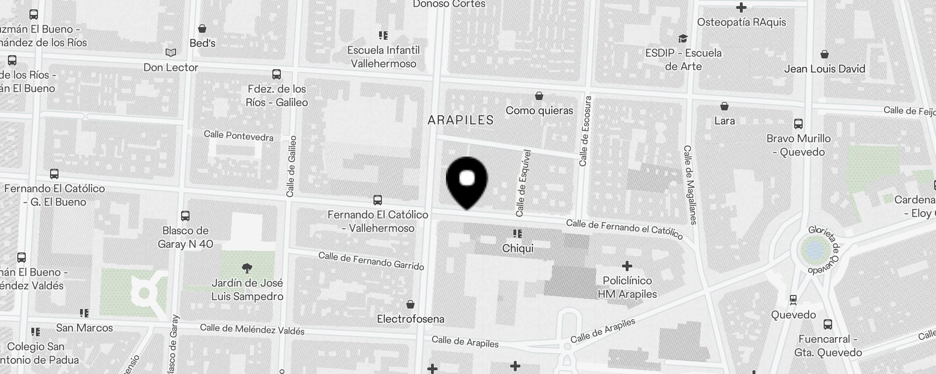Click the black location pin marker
click(x=467, y=180)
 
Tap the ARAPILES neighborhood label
click(x=461, y=120)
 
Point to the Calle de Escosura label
click(x=585, y=131)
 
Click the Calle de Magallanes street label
click(x=690, y=185)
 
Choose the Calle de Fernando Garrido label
click(x=371, y=261)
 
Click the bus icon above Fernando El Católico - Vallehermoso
click(x=378, y=200)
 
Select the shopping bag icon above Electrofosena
click(x=410, y=305)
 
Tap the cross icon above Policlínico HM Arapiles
click(x=627, y=266)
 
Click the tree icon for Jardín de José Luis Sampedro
click(x=247, y=268)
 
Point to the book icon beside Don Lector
click(x=171, y=53)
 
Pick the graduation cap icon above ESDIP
click(x=683, y=38)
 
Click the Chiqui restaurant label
click(x=518, y=248)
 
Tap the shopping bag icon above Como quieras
click(x=539, y=96)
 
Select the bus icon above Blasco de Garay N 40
click(x=185, y=216)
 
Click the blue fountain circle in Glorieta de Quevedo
click(x=815, y=249)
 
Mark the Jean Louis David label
click(x=825, y=69)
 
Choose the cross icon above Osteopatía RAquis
click(x=741, y=7)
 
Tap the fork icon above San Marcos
click(x=84, y=313)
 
